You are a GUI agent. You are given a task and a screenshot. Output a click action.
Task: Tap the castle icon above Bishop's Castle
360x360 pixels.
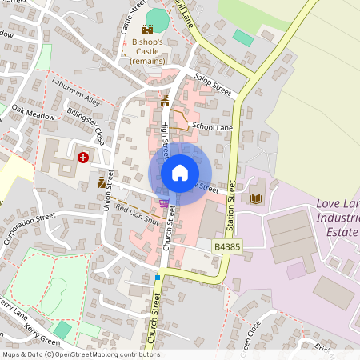[147, 29]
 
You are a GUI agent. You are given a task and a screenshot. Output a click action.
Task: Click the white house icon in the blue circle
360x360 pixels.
[180, 173]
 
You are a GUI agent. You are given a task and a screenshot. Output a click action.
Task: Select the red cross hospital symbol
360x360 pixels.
[83, 157]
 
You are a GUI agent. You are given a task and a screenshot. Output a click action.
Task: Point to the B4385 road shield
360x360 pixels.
[227, 248]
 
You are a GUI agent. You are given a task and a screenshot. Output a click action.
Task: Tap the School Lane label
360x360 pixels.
[212, 126]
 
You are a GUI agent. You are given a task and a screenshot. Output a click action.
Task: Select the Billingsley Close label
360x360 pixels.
[86, 126]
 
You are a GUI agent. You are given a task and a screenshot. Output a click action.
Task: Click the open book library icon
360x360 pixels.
[256, 198]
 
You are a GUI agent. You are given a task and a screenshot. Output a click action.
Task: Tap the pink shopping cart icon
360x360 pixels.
[164, 204]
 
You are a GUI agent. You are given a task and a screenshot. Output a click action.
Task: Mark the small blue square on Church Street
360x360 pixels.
[158, 278]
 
